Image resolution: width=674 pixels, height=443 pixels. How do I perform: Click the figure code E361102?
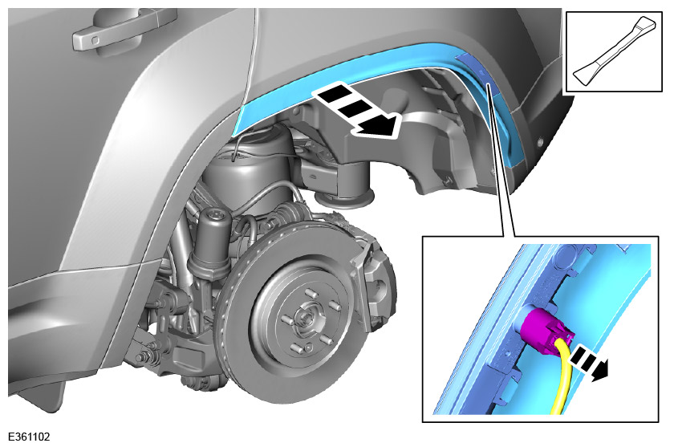[29, 437]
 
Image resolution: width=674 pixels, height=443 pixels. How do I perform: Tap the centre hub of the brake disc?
[307, 319]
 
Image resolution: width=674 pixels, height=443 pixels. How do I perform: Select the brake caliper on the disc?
[371, 274]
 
